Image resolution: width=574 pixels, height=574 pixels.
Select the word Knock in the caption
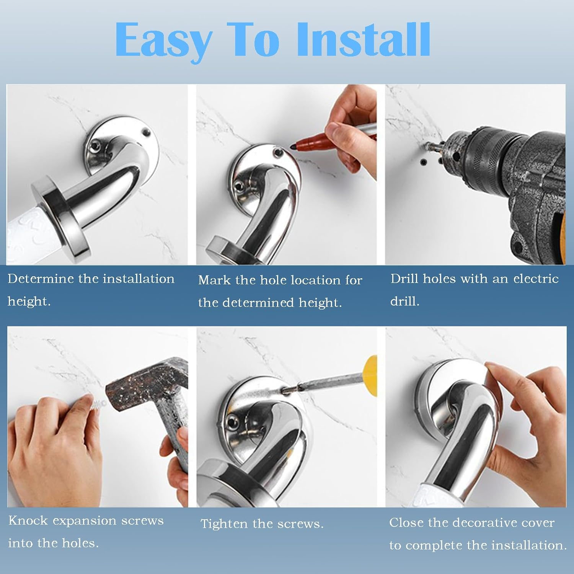tap(28, 520)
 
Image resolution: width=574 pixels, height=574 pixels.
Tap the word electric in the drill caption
tap(536, 279)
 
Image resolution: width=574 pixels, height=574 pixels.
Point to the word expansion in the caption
tap(84, 521)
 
